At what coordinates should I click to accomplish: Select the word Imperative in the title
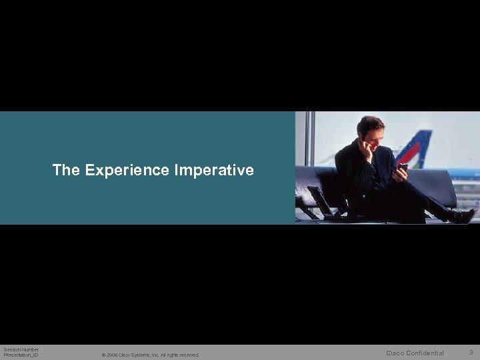click(214, 171)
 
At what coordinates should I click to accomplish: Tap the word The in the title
click(66, 171)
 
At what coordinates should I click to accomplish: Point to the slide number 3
click(471, 352)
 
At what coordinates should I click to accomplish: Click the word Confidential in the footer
click(425, 353)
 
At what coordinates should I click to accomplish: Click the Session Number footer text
click(21, 349)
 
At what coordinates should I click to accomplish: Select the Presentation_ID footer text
click(21, 355)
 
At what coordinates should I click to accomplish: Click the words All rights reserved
click(180, 355)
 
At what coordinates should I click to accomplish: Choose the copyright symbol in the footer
click(103, 355)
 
